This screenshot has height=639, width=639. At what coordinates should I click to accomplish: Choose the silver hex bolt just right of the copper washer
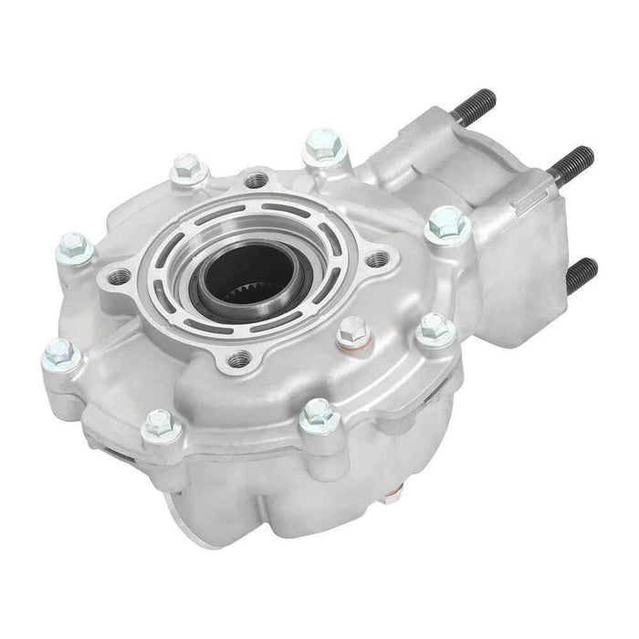[x=434, y=329]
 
